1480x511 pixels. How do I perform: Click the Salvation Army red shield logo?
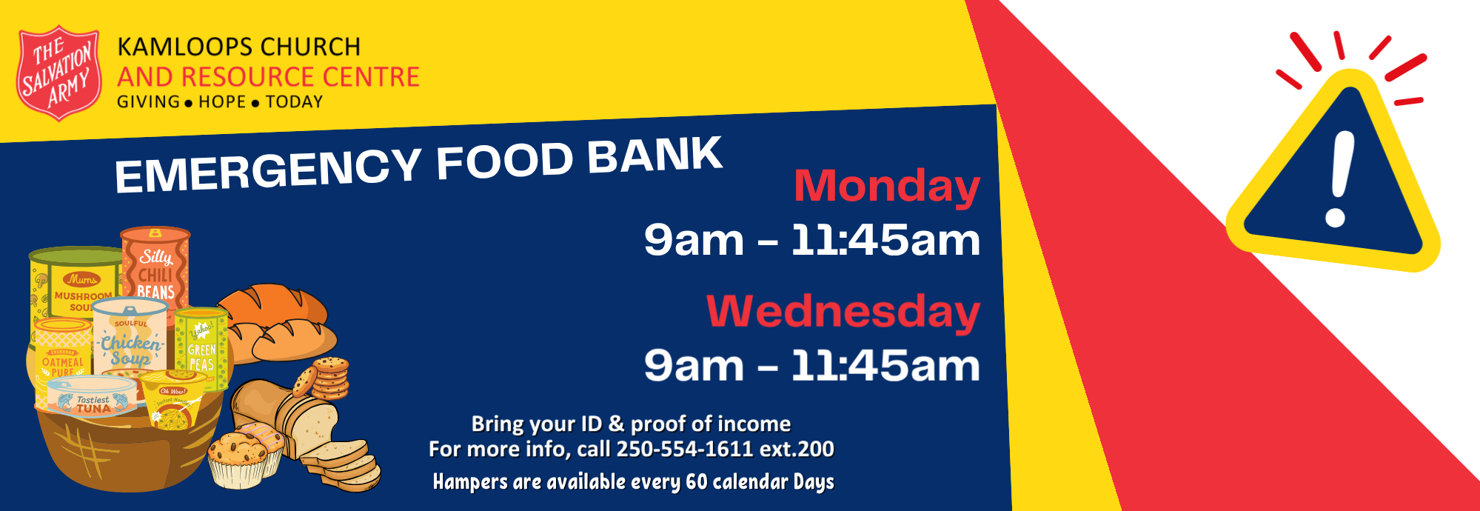(x=58, y=73)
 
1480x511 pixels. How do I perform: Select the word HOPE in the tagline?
(x=222, y=101)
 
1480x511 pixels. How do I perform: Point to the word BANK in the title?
(x=654, y=156)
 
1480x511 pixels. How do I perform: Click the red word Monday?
(x=886, y=187)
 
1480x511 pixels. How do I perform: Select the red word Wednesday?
(x=843, y=310)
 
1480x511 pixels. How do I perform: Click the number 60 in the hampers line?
(x=697, y=481)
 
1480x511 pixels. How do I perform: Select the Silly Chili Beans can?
(x=156, y=265)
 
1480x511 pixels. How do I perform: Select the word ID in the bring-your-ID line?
(x=592, y=424)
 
